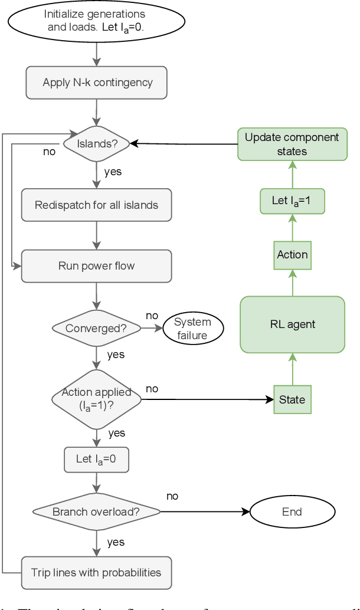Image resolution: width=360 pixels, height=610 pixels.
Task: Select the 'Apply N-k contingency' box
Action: [96, 83]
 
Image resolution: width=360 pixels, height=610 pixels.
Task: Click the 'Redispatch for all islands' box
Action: [96, 205]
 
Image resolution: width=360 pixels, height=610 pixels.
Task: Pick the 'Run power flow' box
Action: [96, 266]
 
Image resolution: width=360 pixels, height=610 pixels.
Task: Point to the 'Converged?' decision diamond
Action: [96, 329]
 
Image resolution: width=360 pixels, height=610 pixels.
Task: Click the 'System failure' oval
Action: [193, 329]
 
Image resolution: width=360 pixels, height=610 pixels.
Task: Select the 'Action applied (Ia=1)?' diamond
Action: [96, 400]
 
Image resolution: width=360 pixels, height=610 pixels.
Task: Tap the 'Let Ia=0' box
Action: [96, 459]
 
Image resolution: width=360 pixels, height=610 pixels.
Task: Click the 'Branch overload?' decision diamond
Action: [96, 511]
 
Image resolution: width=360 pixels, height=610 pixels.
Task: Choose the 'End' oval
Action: [292, 511]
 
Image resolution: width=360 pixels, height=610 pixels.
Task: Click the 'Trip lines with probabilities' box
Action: [96, 572]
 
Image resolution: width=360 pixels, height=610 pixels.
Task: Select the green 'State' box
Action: [292, 399]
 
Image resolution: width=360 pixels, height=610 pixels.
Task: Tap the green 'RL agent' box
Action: [292, 324]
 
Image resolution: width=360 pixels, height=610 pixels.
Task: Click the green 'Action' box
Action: [292, 255]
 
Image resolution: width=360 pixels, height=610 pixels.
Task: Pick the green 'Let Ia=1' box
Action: [292, 201]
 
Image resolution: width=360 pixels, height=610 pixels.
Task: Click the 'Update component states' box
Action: [292, 144]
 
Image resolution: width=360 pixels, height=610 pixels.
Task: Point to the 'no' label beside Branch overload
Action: [172, 496]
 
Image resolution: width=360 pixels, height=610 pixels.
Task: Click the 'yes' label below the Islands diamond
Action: [113, 172]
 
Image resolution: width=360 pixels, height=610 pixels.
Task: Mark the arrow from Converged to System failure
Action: [151, 329]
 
